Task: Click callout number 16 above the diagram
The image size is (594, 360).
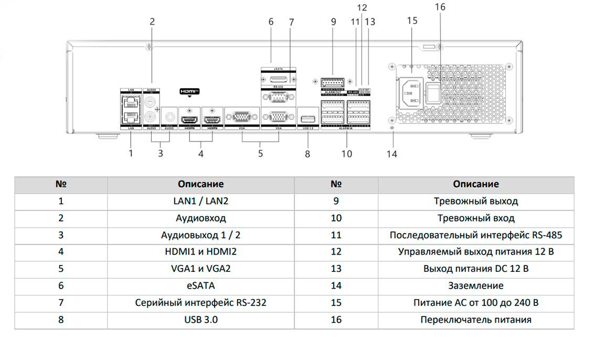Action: point(440,7)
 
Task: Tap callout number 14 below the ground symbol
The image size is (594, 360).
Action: point(392,154)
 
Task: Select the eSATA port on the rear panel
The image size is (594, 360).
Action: point(278,78)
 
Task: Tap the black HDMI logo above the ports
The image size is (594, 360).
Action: point(189,91)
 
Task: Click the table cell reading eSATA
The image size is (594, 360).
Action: point(200,285)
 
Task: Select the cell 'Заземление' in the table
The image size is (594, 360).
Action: point(475,285)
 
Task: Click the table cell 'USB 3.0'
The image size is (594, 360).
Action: point(200,320)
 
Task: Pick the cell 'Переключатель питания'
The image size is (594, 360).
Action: point(475,320)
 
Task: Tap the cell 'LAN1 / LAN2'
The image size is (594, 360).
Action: point(200,201)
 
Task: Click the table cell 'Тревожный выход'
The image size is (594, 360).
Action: point(475,201)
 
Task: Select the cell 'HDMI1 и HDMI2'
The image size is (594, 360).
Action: point(200,251)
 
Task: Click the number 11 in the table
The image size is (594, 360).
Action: point(336,235)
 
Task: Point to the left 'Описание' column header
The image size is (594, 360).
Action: point(200,184)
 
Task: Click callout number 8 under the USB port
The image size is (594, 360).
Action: point(307,154)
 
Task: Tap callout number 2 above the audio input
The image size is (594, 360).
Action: point(152,22)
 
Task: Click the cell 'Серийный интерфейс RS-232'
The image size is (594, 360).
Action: point(200,303)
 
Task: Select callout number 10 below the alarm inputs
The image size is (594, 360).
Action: point(347,154)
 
